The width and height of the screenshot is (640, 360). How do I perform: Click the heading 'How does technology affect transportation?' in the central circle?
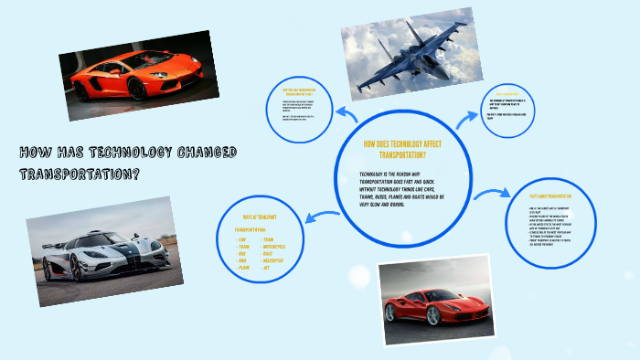pos(402,149)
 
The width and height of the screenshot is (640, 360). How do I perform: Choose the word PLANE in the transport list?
pos(243,269)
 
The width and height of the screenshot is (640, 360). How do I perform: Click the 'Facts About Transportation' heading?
pos(550,196)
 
